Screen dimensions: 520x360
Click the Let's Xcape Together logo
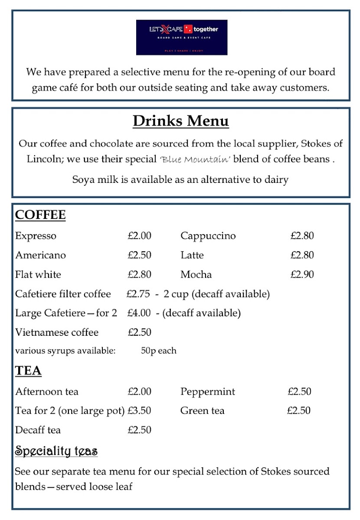pyautogui.click(x=181, y=37)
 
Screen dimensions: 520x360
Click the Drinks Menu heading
pyautogui.click(x=180, y=121)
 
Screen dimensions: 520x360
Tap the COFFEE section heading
pyautogui.click(x=40, y=215)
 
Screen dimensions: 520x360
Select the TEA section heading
pyautogui.click(x=28, y=370)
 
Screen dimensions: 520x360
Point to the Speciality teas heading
pyautogui.click(x=56, y=451)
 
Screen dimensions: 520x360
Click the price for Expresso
pyautogui.click(x=139, y=236)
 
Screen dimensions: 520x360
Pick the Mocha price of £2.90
pyautogui.click(x=302, y=274)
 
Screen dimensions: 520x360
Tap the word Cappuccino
pyautogui.click(x=208, y=236)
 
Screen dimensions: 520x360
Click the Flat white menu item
pyautogui.click(x=38, y=274)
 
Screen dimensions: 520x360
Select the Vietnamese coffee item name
pyautogui.click(x=57, y=332)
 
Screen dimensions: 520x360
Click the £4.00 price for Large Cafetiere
pyautogui.click(x=139, y=313)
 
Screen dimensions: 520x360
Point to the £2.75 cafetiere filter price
pyautogui.click(x=138, y=294)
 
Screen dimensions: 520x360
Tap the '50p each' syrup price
pyautogui.click(x=159, y=351)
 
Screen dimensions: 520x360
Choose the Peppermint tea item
pyautogui.click(x=208, y=392)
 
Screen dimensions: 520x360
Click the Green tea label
pyautogui.click(x=202, y=410)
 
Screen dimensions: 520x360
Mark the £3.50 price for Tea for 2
pyautogui.click(x=139, y=410)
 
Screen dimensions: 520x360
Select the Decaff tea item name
pyautogui.click(x=38, y=430)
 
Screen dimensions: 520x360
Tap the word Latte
pyautogui.click(x=192, y=255)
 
